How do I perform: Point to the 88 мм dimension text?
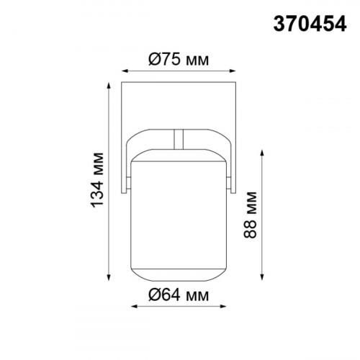[251, 216]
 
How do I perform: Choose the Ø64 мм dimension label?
[179, 294]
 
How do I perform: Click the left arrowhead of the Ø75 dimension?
[123, 72]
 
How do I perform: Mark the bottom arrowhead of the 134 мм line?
[111, 279]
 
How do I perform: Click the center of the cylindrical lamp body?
[179, 216]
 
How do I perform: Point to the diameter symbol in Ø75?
[155, 60]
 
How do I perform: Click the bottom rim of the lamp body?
[179, 281]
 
